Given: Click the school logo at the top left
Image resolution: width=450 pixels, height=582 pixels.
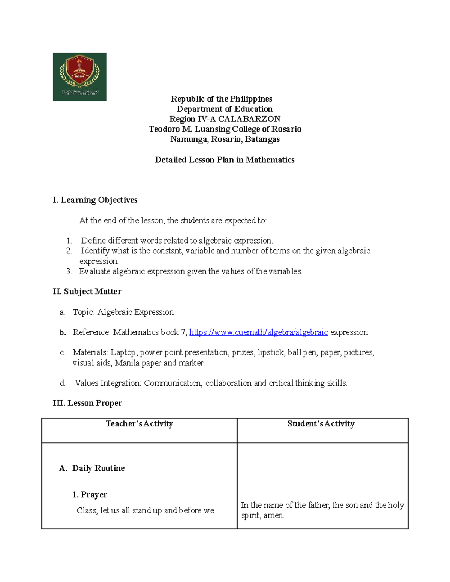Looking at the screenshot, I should pos(79,77).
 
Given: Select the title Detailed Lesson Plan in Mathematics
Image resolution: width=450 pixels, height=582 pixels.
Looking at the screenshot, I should pos(225,160).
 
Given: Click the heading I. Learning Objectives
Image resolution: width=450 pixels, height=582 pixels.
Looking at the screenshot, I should pos(95,200).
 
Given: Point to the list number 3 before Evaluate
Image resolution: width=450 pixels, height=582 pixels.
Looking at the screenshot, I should pos(69,272).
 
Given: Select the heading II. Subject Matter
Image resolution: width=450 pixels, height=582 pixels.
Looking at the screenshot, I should pos(87,292).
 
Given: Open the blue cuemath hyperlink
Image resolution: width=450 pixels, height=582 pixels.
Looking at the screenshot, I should pos(258,332).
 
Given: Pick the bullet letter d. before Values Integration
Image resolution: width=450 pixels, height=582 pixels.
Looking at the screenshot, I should pos(63,383).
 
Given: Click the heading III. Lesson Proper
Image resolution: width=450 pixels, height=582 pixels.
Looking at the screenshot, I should pos(87,403).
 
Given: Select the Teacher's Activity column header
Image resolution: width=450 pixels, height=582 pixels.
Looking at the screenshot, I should pos(139,424).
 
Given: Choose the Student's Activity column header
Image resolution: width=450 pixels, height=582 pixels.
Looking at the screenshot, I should pos(321,424).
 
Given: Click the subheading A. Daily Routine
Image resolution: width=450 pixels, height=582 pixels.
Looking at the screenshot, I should pos(92,468).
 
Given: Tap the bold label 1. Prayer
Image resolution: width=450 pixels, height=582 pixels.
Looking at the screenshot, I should pos(90,495).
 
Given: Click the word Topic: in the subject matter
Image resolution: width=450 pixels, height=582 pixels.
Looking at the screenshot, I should pos(84,312).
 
